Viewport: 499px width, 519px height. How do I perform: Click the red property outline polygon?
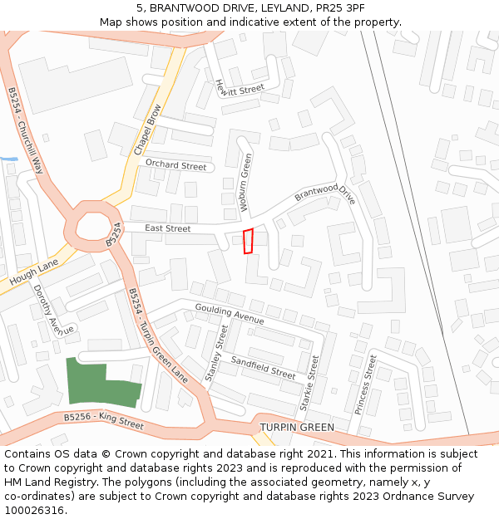(x=247, y=241)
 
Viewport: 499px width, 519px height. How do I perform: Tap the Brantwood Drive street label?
(x=325, y=193)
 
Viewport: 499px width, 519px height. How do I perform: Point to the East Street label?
(x=168, y=228)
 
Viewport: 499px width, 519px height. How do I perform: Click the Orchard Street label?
(x=175, y=165)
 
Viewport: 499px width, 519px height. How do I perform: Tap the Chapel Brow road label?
(x=147, y=130)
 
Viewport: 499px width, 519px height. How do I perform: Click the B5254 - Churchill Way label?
(x=26, y=130)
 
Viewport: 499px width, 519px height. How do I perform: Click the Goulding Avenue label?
(x=230, y=314)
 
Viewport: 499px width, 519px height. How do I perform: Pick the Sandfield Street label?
(x=263, y=367)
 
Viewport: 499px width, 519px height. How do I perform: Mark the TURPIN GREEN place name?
(x=297, y=428)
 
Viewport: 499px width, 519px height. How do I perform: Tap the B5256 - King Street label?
(x=104, y=420)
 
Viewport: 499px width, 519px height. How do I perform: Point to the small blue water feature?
(x=9, y=159)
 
